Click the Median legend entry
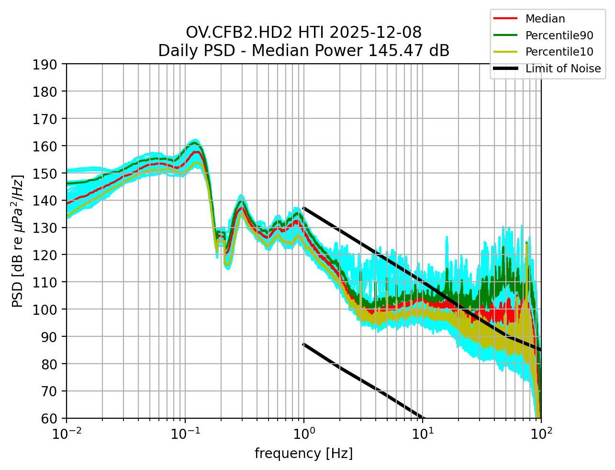coord(545,19)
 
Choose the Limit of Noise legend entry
coord(563,69)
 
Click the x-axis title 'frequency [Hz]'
coord(303,453)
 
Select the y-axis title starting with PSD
coord(18,241)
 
